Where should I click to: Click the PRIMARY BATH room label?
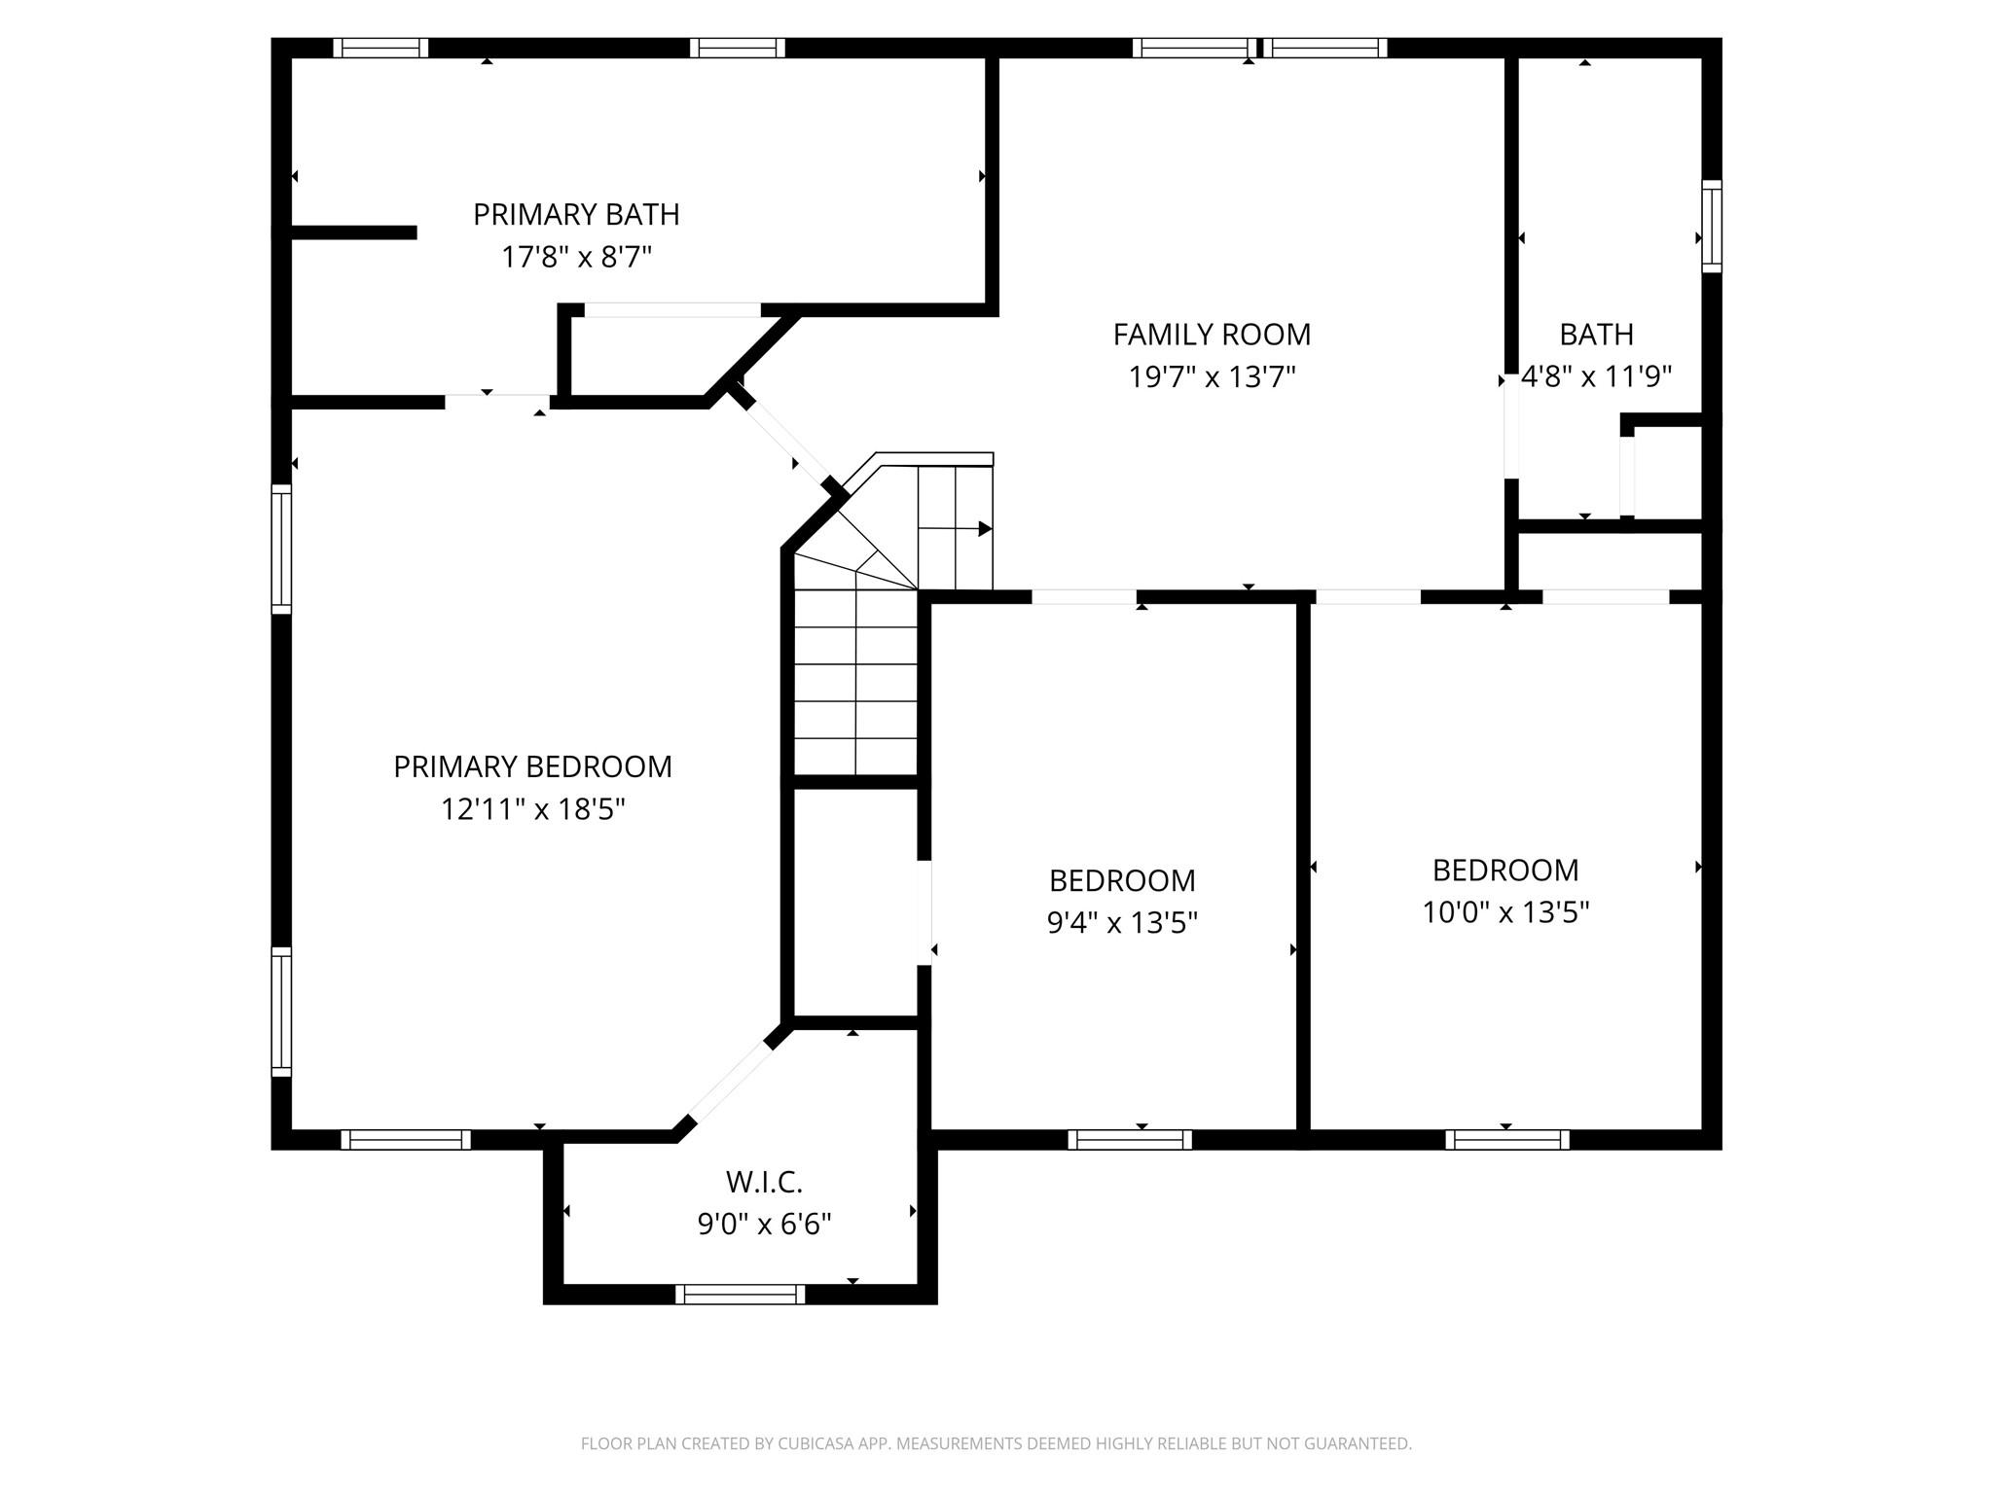[x=576, y=214]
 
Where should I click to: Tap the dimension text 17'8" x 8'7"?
[x=576, y=257]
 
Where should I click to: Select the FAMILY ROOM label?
[x=1212, y=335]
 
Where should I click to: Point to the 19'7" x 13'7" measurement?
[x=1212, y=376]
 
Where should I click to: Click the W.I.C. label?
[x=764, y=1182]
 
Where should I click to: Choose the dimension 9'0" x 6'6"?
[x=764, y=1224]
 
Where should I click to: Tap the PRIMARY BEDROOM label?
[x=532, y=766]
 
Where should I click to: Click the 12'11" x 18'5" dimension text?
[x=532, y=809]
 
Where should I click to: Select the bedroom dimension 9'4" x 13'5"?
[x=1122, y=922]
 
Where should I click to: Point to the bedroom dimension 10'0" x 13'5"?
[x=1505, y=912]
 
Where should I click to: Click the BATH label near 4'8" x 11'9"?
[x=1596, y=335]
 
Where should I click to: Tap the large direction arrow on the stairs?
[x=984, y=529]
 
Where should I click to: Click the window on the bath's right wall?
[x=1711, y=226]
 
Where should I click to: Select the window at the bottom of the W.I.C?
[x=741, y=1294]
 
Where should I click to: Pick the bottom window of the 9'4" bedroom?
[x=1130, y=1140]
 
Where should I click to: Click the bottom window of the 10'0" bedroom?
[x=1506, y=1140]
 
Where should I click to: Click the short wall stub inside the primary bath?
[x=354, y=232]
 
